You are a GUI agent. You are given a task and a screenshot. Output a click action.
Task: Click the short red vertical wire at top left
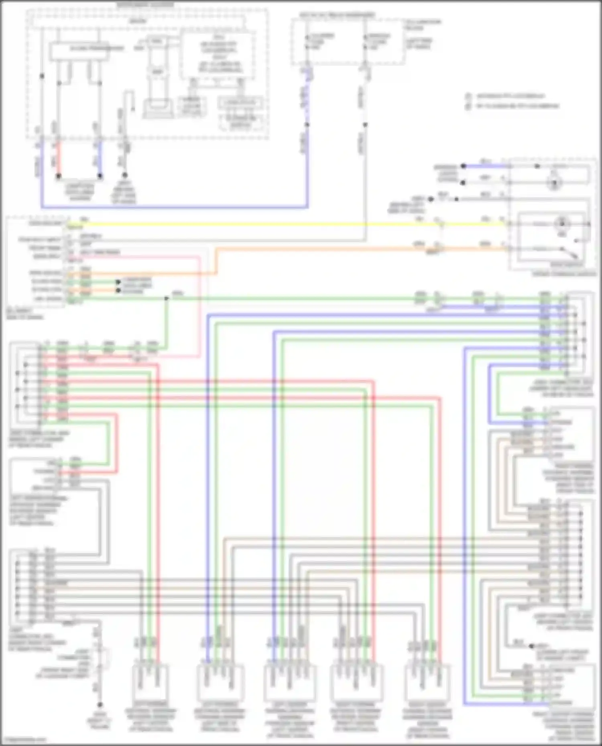coord(59,158)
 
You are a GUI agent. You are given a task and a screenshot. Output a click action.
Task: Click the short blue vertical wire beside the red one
coord(100,158)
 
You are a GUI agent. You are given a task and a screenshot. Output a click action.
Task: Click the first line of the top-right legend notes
coord(510,97)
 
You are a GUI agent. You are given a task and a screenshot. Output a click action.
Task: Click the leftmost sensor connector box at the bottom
coord(150,682)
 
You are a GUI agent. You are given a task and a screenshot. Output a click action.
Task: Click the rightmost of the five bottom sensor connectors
coord(427,682)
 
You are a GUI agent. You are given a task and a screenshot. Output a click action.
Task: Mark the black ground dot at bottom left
coord(100,705)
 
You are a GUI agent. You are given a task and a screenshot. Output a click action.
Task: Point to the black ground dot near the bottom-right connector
coord(531,646)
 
